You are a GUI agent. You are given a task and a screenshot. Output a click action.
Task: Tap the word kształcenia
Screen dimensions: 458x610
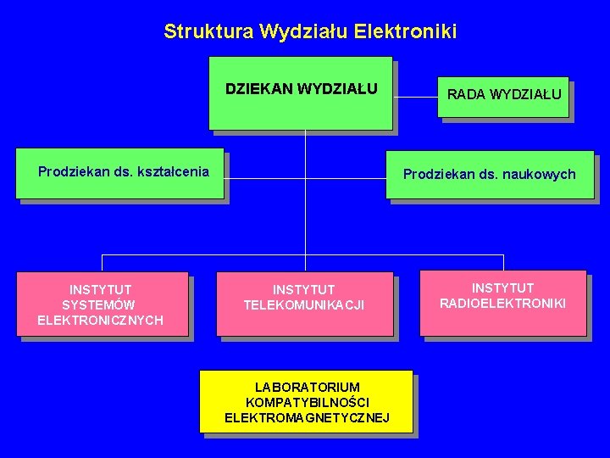coord(172,171)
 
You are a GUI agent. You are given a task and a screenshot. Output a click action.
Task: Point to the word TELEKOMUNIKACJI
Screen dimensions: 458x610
coord(304,305)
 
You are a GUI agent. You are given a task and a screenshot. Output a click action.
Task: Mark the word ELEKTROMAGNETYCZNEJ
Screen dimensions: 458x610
coord(307,417)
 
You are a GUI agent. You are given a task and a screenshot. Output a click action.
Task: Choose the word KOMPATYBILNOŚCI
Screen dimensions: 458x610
coord(308,402)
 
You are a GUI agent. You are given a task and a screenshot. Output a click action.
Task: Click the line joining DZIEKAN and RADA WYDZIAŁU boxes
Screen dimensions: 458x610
coord(416,97)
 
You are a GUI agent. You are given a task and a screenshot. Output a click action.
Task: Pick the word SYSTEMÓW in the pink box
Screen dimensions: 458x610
coord(99,304)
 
